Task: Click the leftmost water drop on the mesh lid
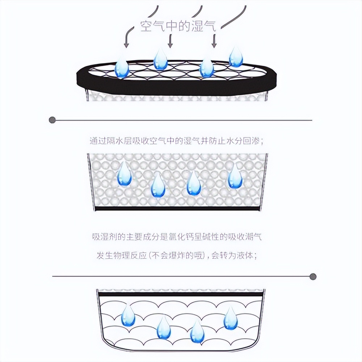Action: (x=122, y=67)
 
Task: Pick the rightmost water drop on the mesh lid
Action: (x=236, y=57)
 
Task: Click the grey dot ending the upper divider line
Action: (x=52, y=120)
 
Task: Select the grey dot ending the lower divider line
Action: (x=313, y=277)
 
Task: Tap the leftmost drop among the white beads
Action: (x=125, y=174)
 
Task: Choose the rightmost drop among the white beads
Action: (x=235, y=177)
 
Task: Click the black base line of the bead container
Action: (x=177, y=209)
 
